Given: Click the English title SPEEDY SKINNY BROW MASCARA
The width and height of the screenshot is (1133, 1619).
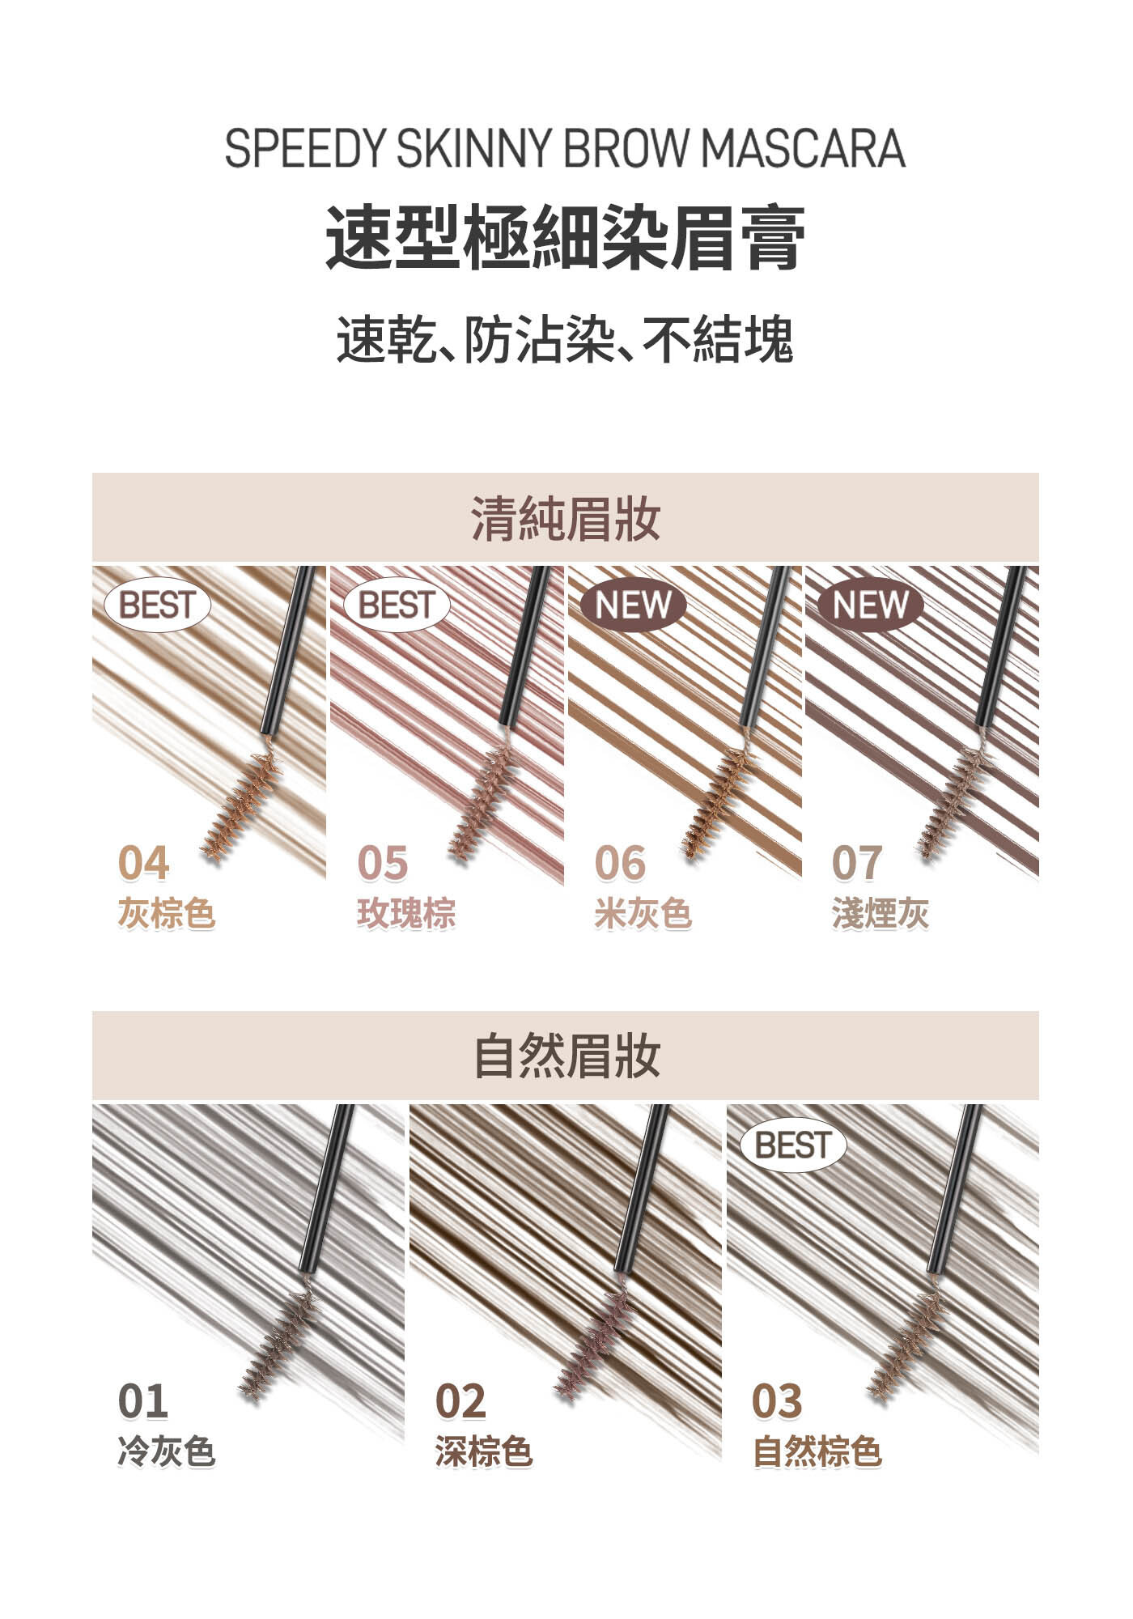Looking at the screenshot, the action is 565,149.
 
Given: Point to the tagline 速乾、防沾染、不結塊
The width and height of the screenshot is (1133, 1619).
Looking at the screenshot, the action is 565,340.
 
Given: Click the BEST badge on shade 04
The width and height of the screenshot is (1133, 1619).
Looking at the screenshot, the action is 158,605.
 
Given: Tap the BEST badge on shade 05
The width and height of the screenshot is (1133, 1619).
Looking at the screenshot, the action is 397,605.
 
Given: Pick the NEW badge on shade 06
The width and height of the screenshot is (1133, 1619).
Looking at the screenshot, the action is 633,605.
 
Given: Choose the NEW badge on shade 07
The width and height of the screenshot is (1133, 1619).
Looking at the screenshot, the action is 870,605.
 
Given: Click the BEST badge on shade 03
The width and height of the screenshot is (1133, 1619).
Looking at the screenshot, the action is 793,1145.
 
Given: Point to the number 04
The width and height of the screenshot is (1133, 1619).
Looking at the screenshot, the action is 143,863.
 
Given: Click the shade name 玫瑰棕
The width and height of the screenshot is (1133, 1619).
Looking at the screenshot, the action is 406,913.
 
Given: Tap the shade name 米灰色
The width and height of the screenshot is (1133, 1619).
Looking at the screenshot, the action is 643,913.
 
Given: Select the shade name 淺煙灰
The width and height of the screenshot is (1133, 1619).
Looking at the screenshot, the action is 881,913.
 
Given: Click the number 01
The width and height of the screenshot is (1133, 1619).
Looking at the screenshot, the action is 143,1401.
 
